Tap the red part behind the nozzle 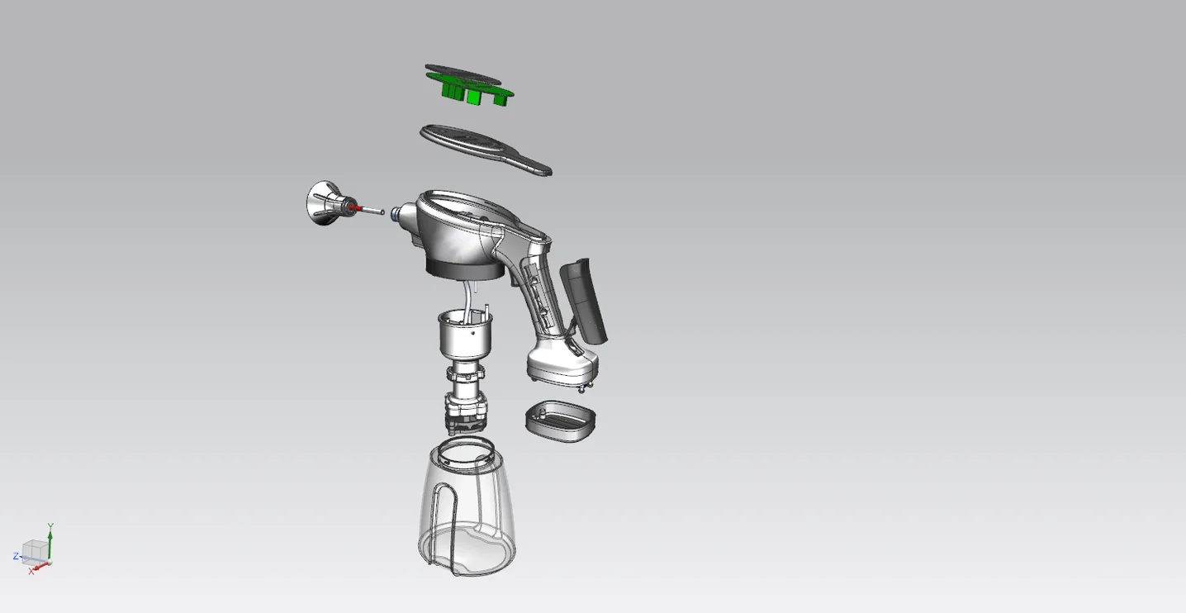click(358, 208)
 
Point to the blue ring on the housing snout click(395, 214)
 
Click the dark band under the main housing click(465, 270)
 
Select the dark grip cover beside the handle click(583, 301)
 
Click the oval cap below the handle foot click(561, 421)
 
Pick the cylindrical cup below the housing click(466, 335)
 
